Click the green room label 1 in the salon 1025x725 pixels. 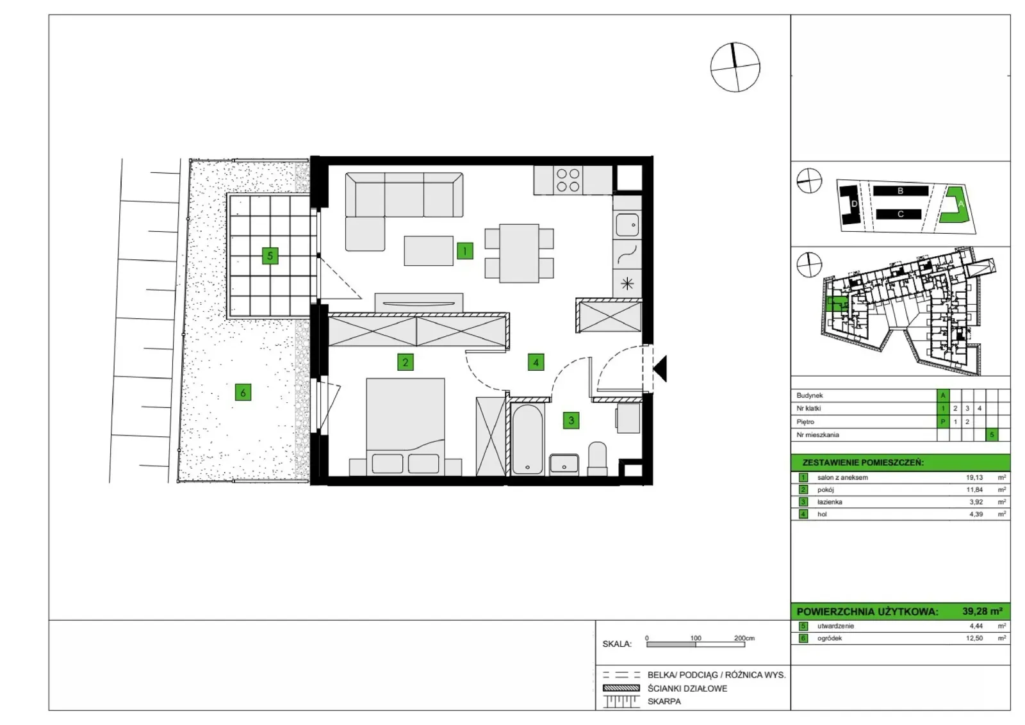coord(465,250)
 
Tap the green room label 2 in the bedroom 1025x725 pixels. coord(405,362)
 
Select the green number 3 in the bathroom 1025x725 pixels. coord(571,420)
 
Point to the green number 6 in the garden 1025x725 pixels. coord(243,392)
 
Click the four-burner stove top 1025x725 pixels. coord(568,180)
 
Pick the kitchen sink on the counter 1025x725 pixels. coord(627,225)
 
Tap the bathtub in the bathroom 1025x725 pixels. coord(528,439)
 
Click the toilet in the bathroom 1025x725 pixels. coord(597,459)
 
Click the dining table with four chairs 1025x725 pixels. coord(519,253)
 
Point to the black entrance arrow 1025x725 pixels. coord(660,368)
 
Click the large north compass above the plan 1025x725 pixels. coord(735,67)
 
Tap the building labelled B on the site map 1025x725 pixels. coord(901,191)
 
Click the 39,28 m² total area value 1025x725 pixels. coord(982,612)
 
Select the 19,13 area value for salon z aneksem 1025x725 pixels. coord(974,477)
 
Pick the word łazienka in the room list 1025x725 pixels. coord(830,501)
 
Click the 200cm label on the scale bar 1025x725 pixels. coord(744,638)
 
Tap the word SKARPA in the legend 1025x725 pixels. coord(664,701)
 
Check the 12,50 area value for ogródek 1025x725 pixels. coord(974,638)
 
